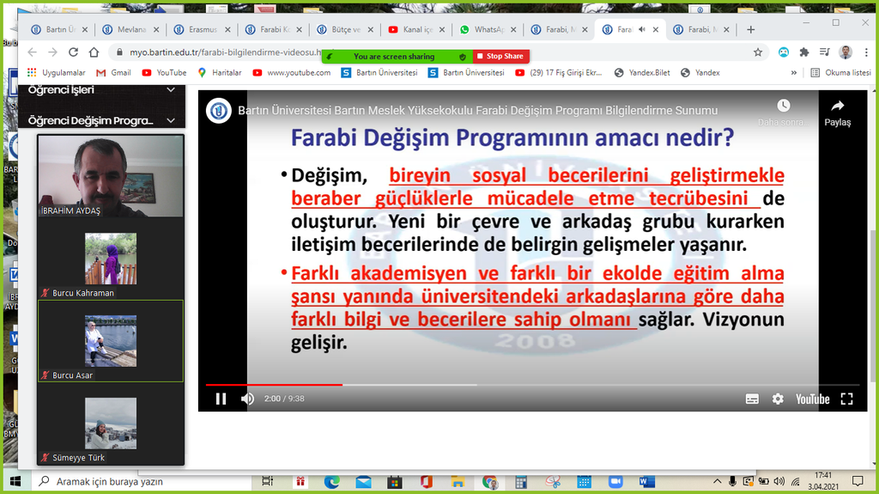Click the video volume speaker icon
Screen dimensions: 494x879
pyautogui.click(x=247, y=399)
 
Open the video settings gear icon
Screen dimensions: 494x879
pyautogui.click(x=778, y=399)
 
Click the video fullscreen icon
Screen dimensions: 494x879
pyautogui.click(x=846, y=399)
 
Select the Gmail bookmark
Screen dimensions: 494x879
pyautogui.click(x=113, y=73)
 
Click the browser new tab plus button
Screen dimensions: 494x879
pyautogui.click(x=751, y=29)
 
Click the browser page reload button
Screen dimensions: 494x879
pyautogui.click(x=72, y=52)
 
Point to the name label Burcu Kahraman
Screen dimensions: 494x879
pyautogui.click(x=83, y=293)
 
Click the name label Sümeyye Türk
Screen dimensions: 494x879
pyautogui.click(x=78, y=458)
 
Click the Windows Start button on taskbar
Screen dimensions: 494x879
pyautogui.click(x=15, y=482)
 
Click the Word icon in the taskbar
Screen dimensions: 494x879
pyautogui.click(x=646, y=482)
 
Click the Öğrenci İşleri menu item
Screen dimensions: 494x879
pyautogui.click(x=61, y=90)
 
